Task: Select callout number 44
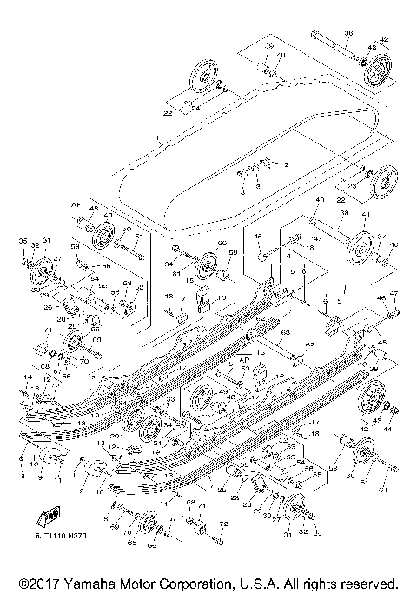(x=387, y=430)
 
